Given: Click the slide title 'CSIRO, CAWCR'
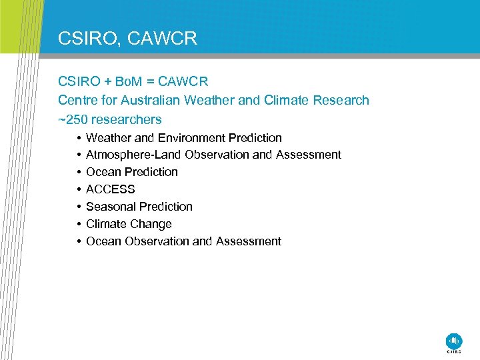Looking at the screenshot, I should [x=127, y=38].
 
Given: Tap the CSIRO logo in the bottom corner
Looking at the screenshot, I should [x=453, y=341].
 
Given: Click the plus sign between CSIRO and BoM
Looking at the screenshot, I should [x=107, y=82].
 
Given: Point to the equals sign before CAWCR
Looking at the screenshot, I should [x=151, y=82].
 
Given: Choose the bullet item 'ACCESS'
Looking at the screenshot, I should [x=111, y=189].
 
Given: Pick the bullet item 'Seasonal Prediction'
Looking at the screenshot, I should [x=139, y=207].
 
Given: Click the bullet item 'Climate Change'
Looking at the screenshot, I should [x=129, y=224].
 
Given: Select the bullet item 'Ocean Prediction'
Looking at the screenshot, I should [x=132, y=172].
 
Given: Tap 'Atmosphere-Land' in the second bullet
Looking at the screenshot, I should [x=134, y=155].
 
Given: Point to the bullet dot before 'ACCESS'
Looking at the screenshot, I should [x=78, y=189].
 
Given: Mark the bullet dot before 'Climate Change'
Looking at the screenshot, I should [x=78, y=224].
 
